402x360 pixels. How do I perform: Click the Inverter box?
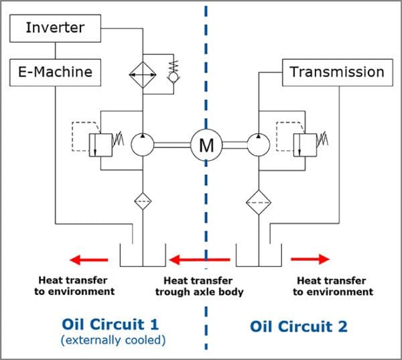(54, 27)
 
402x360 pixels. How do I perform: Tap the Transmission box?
(336, 71)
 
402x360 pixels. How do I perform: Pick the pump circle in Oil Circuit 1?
(143, 144)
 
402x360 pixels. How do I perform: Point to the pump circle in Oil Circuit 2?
(258, 144)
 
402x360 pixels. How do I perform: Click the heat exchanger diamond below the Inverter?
(143, 72)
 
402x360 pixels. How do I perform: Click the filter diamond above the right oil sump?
(258, 200)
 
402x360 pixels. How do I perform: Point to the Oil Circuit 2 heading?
(299, 326)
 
